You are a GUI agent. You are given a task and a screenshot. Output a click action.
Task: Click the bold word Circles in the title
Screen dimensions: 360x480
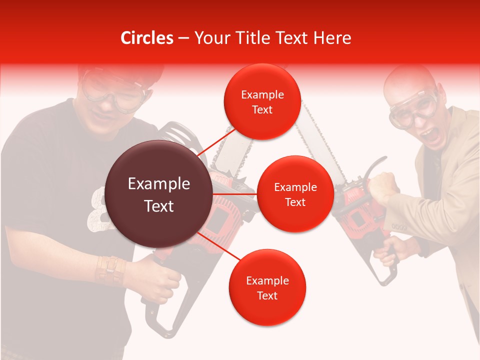tap(147, 38)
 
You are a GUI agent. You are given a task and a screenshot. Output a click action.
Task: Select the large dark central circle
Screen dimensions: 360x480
tap(159, 194)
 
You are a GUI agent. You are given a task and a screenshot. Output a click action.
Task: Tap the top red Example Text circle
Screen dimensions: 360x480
tap(262, 101)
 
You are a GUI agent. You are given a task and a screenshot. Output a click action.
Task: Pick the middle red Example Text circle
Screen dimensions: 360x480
tap(295, 194)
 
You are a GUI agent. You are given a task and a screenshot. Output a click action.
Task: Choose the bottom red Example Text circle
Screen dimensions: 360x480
tap(267, 287)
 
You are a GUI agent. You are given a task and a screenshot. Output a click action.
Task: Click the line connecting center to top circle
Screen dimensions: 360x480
tap(216, 142)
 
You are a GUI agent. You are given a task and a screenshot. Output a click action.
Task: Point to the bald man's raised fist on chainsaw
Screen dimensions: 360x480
tap(384, 186)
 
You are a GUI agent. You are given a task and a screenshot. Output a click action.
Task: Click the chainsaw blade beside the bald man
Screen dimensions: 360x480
tap(320, 145)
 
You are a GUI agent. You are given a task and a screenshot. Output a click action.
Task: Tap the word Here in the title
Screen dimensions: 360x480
tap(332, 38)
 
